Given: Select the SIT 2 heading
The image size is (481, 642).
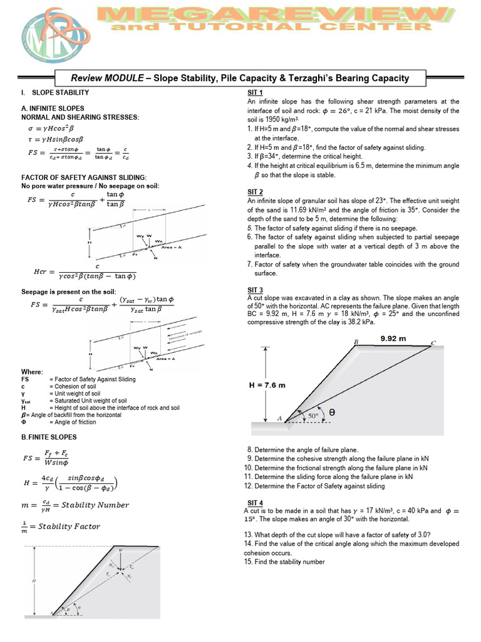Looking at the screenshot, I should tap(256, 191).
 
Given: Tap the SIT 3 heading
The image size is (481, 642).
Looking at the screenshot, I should tap(256, 289).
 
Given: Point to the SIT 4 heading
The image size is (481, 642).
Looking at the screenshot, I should tap(256, 502).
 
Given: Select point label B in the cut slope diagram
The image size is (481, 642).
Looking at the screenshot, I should tap(356, 342).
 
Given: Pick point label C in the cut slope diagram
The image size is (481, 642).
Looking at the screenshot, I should tap(433, 343).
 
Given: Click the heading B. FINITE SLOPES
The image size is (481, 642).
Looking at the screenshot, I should tap(49, 437).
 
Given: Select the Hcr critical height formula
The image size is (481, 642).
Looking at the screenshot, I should tap(84, 271).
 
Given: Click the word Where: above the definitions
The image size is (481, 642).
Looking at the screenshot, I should tap(33, 372).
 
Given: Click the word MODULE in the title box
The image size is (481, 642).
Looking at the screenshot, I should tap(125, 78).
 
